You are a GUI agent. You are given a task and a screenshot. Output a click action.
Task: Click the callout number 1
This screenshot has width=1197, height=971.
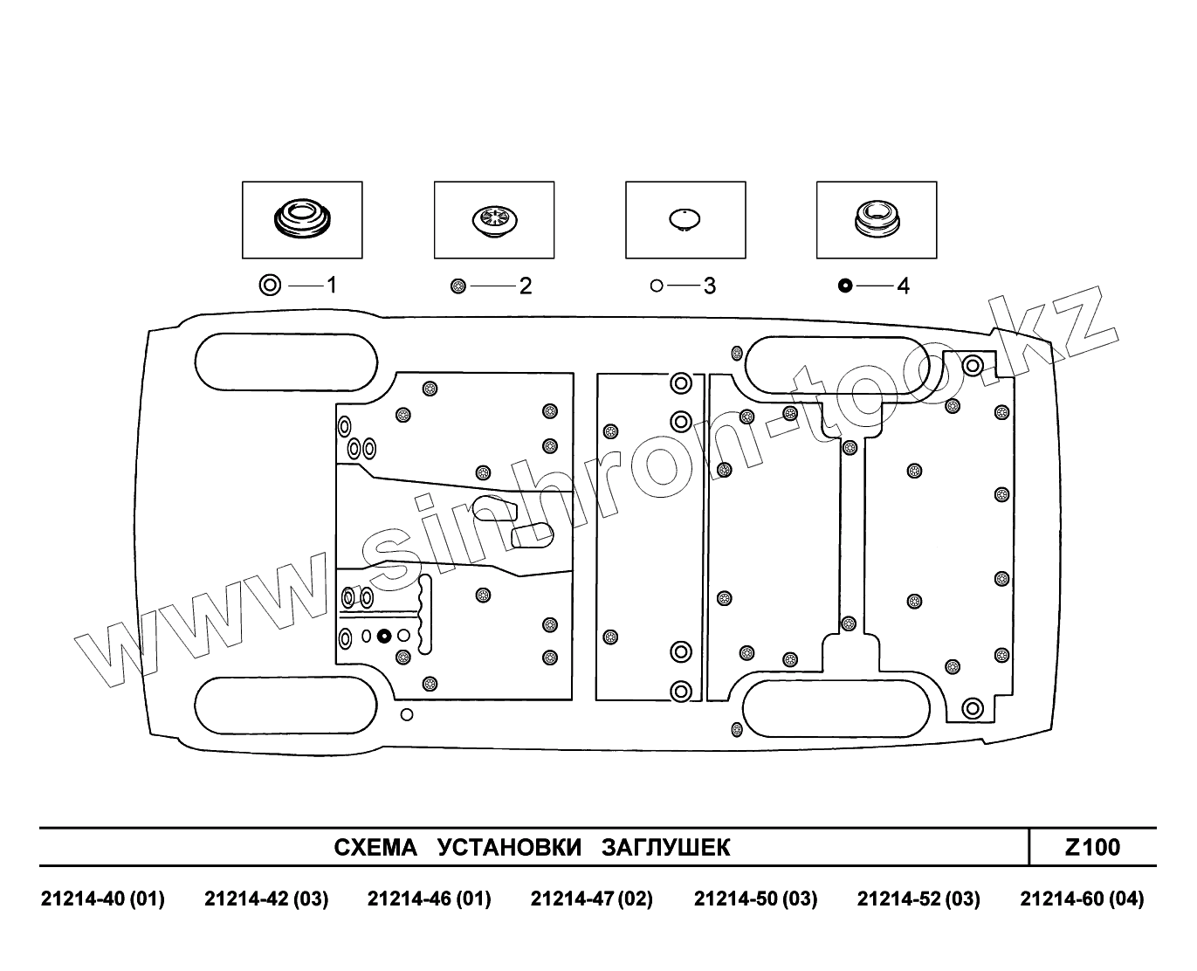tap(332, 285)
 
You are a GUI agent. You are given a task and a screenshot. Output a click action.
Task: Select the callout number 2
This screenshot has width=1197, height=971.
tap(526, 286)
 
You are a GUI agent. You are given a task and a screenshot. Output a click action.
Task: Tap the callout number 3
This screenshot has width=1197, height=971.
tap(709, 286)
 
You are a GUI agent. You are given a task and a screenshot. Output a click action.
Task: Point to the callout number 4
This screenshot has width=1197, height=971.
tap(903, 286)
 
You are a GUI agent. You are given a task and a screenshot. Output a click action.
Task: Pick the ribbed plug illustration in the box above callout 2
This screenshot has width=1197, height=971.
tap(493, 218)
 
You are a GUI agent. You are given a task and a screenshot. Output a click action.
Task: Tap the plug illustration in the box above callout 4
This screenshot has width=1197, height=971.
tap(876, 217)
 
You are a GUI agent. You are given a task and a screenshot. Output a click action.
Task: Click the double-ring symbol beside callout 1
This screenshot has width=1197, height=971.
tap(271, 285)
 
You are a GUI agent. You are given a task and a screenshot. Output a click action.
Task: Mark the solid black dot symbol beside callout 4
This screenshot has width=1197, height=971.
tap(844, 286)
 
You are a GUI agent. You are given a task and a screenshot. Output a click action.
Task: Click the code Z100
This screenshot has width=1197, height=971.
tap(1092, 847)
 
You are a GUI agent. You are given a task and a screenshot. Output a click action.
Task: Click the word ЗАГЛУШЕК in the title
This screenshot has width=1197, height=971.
tap(666, 848)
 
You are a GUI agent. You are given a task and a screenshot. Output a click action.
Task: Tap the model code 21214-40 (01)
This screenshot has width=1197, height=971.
tap(103, 899)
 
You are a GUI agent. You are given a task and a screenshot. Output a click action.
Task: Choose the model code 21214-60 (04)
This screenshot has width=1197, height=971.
tap(1082, 899)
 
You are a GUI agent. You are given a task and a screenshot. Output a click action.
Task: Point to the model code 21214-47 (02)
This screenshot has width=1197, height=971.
tap(592, 899)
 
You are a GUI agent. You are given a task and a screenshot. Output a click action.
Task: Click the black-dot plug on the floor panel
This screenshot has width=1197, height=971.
tap(383, 636)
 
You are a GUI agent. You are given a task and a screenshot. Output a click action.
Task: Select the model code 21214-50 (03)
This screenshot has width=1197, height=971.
tap(755, 899)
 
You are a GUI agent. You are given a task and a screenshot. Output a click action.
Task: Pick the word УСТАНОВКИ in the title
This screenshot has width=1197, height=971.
tap(509, 848)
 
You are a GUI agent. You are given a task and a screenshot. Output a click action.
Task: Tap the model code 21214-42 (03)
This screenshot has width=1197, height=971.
tap(266, 899)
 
